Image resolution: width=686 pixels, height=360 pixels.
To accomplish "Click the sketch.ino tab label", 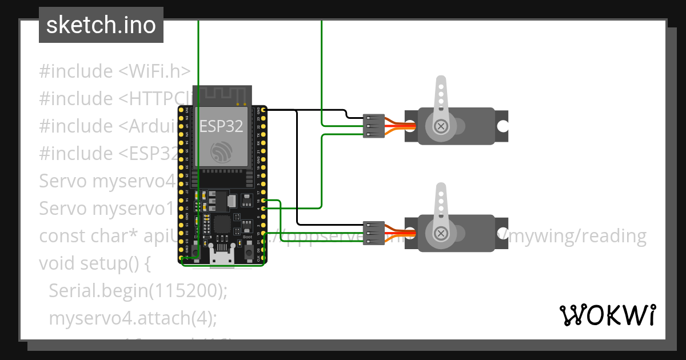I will click(101, 25).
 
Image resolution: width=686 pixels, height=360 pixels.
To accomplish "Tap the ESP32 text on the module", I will click(221, 126).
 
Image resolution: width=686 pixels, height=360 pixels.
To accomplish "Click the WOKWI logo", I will click(607, 315).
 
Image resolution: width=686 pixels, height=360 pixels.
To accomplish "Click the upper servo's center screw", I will click(440, 126).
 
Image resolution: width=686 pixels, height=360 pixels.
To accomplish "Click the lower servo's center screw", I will click(441, 233).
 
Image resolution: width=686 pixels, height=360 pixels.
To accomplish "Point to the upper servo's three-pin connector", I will click(373, 126).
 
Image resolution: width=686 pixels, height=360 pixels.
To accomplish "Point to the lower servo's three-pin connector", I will click(373, 233).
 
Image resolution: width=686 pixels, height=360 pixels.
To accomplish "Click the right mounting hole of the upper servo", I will click(502, 126).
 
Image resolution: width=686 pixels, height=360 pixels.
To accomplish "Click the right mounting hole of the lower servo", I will click(502, 233).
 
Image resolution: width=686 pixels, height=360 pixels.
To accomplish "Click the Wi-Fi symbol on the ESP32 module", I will click(221, 152).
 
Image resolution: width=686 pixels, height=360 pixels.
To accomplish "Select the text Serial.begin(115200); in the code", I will click(138, 291).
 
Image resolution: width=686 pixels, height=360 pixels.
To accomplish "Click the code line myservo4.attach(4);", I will click(133, 318).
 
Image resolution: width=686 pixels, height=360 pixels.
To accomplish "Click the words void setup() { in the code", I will click(94, 263).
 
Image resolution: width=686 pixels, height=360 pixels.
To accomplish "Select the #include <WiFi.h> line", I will click(114, 71).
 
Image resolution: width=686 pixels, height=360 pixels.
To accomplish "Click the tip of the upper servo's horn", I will click(440, 82).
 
